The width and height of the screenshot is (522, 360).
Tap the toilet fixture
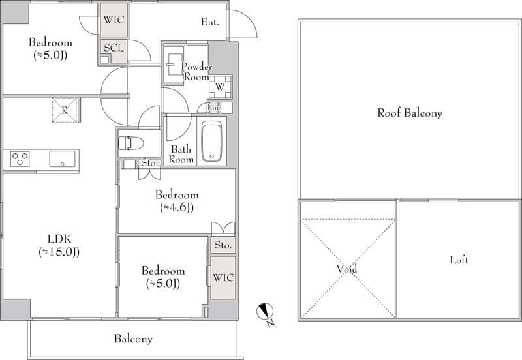click(x=132, y=143)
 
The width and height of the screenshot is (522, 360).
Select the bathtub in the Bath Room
click(x=211, y=141)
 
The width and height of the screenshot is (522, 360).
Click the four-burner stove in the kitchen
click(x=20, y=158)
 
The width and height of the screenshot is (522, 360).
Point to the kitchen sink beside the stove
click(x=63, y=158)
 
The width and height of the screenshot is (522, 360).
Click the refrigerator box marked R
click(x=65, y=110)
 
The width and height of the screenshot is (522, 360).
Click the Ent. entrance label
click(x=210, y=22)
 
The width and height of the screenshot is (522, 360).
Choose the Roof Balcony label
click(x=410, y=113)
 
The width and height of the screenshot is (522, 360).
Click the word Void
click(x=347, y=269)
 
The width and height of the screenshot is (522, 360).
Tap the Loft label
click(x=459, y=260)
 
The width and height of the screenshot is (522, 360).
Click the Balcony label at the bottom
click(x=133, y=339)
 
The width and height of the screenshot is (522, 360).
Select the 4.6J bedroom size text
click(x=177, y=207)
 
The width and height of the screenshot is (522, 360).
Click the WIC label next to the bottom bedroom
click(x=223, y=277)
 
